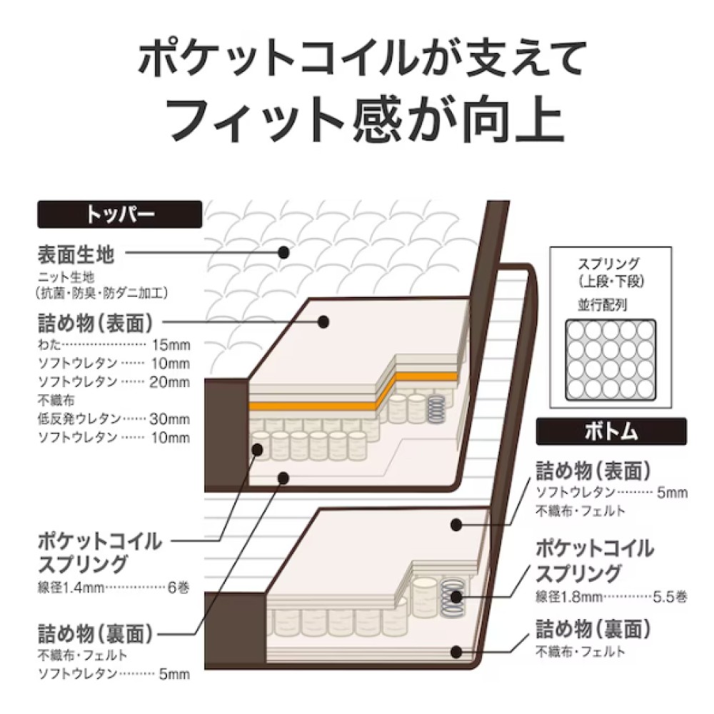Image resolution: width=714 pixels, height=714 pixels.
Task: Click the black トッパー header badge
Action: pyautogui.click(x=119, y=214)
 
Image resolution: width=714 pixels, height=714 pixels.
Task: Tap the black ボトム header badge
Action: pyautogui.click(x=611, y=431)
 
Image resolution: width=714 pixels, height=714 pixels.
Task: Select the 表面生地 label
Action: pyautogui.click(x=76, y=255)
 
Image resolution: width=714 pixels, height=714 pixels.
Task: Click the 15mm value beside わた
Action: pyautogui.click(x=171, y=345)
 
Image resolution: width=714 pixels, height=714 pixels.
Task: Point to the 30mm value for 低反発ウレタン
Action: pyautogui.click(x=169, y=418)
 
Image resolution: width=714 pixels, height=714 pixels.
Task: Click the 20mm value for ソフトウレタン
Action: pyautogui.click(x=169, y=381)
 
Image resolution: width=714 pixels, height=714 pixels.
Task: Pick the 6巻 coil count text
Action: pyautogui.click(x=178, y=588)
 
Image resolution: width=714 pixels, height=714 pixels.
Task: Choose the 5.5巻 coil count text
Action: pyautogui.click(x=670, y=597)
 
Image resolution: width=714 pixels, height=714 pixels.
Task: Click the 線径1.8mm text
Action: pyautogui.click(x=569, y=597)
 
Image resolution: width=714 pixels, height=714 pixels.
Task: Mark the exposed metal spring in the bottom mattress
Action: pyautogui.click(x=453, y=597)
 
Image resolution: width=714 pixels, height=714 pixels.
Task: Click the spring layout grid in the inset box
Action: pyautogui.click(x=610, y=360)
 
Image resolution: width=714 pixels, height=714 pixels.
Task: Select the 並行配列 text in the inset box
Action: pyautogui.click(x=603, y=305)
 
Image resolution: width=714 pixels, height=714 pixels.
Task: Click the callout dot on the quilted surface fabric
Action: pyautogui.click(x=283, y=252)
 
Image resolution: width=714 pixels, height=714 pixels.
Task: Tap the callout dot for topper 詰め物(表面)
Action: pyautogui.click(x=323, y=322)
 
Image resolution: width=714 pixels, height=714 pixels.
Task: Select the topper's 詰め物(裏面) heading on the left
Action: pyautogui.click(x=95, y=633)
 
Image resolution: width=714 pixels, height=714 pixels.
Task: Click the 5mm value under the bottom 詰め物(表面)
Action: pyautogui.click(x=672, y=493)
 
